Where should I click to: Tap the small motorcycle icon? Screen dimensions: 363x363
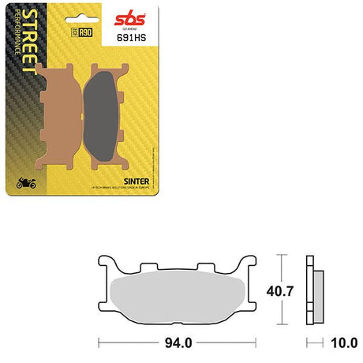(25, 185)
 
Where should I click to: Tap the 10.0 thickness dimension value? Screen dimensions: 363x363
(337, 345)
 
